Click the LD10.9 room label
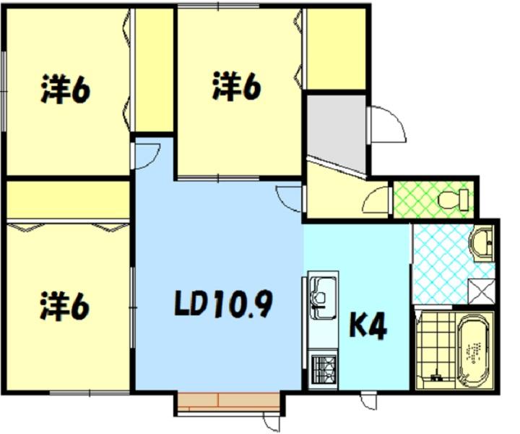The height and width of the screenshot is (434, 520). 223,304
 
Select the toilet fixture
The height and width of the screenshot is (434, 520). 453,200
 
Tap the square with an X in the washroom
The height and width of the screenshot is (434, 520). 481,292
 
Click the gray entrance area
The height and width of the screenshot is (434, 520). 336,133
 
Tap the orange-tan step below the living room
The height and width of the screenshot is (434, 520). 228,401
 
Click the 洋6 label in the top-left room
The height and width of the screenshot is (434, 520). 65,89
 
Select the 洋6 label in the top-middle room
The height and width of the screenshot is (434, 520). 236,85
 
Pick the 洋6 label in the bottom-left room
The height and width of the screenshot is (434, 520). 65,306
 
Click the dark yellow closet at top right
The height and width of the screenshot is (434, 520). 336,48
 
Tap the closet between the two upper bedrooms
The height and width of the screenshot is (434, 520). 155,69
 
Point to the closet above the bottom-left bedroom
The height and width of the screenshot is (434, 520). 68,200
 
